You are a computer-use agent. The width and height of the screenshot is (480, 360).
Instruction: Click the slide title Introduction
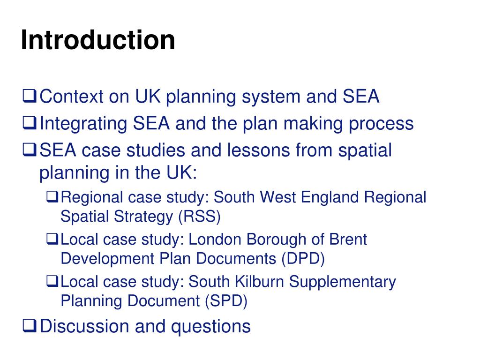pyautogui.click(x=97, y=40)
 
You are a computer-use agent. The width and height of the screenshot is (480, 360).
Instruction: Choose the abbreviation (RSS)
pyautogui.click(x=199, y=217)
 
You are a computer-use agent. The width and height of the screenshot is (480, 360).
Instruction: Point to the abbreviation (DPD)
pyautogui.click(x=303, y=259)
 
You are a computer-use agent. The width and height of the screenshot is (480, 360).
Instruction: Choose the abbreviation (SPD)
pyautogui.click(x=225, y=301)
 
